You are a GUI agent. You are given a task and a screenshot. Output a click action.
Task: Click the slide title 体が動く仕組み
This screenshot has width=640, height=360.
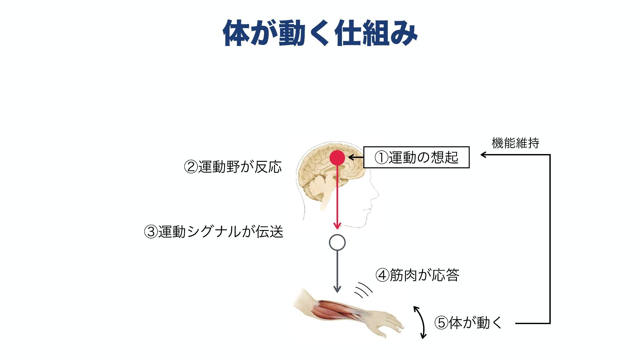320,33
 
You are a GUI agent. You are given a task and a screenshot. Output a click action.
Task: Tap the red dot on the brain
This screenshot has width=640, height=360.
337,157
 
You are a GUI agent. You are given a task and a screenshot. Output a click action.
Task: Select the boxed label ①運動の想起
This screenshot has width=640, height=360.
417,157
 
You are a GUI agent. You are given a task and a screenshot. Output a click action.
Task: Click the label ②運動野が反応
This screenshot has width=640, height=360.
233,167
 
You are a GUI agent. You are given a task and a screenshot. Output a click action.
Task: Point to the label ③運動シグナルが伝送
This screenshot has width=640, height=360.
213,232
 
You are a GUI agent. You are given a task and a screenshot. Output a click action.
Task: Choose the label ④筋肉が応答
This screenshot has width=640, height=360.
417,275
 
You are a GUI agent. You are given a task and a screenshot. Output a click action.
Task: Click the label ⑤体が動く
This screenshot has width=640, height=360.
468,323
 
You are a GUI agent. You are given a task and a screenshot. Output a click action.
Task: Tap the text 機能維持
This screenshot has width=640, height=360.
516,143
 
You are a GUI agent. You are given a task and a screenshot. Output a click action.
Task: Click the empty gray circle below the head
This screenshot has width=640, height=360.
337,242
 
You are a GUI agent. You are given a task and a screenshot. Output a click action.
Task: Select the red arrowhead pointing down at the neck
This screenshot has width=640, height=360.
337,226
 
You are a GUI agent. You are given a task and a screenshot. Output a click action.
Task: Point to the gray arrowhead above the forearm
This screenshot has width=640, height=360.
337,289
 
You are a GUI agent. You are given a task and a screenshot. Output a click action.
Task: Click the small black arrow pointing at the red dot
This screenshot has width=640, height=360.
356,157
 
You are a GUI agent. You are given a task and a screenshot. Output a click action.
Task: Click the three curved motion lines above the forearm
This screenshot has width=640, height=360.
363,290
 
